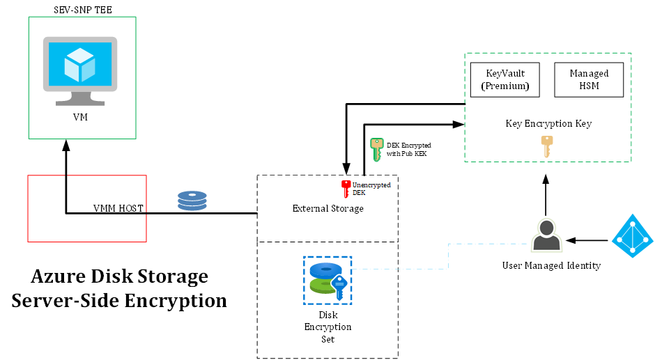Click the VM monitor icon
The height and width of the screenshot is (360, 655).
[80, 71]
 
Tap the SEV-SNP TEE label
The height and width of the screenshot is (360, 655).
[83, 10]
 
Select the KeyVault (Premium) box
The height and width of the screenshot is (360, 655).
[505, 80]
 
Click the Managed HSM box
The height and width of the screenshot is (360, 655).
[589, 80]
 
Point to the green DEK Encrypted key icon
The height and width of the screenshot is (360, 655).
[377, 150]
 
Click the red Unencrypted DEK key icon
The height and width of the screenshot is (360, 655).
[346, 189]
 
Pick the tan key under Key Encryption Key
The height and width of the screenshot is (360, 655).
[547, 147]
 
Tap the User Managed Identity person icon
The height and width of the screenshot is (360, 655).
[546, 235]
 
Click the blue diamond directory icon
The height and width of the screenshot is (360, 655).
[633, 236]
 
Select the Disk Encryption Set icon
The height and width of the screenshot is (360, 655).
[327, 281]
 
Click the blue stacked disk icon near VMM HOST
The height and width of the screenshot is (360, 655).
[192, 201]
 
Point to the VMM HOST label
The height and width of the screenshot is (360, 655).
[118, 208]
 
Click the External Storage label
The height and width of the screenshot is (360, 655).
[328, 208]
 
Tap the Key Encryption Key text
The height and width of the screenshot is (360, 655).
[548, 124]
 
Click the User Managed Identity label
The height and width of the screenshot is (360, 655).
[551, 265]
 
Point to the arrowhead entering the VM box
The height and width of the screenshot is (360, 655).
[66, 145]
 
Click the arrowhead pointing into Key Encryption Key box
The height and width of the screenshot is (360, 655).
[459, 124]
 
